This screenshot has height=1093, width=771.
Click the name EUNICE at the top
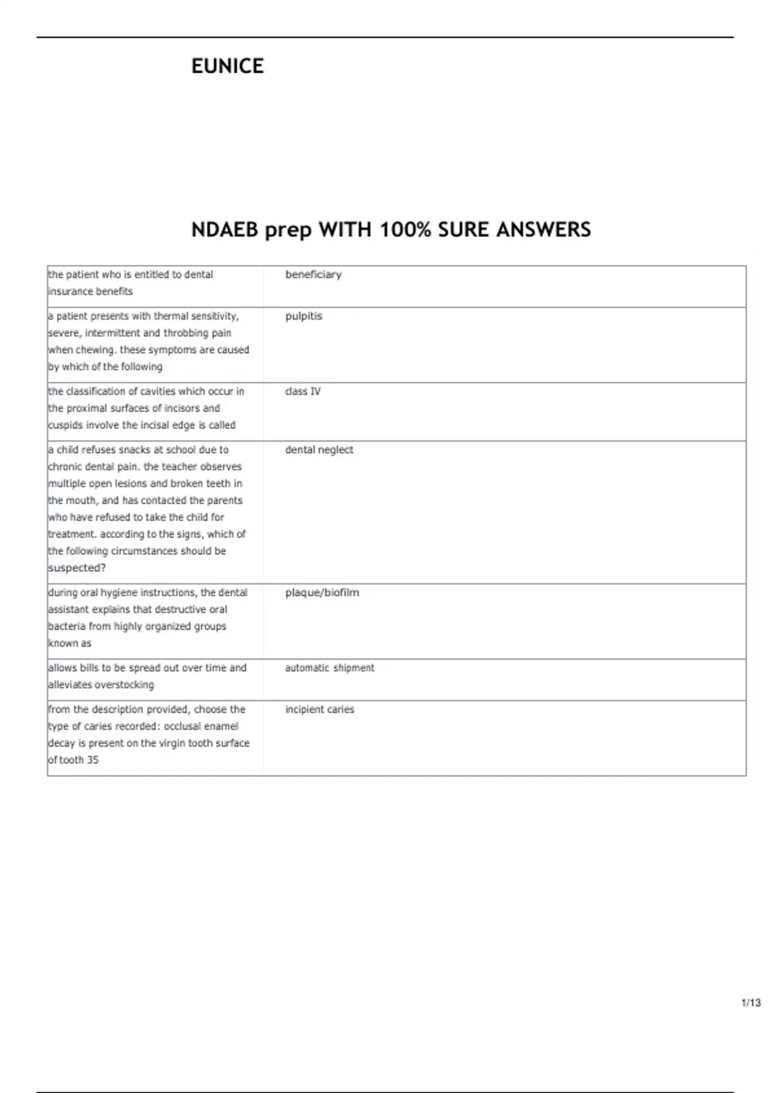tap(227, 66)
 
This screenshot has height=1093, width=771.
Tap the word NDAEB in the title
tap(224, 230)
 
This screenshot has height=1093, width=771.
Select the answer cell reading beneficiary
tap(313, 275)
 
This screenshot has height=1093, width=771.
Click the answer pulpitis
tap(303, 316)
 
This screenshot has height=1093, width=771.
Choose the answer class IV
tap(303, 392)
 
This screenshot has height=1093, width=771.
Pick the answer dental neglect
tap(319, 450)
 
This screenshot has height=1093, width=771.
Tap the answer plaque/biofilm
tap(322, 593)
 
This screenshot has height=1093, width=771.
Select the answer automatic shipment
tap(330, 668)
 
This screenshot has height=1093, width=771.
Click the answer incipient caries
tap(319, 710)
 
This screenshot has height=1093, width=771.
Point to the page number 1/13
tap(750, 1003)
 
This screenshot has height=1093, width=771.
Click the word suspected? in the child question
tap(77, 568)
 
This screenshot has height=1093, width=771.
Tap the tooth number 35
tap(92, 760)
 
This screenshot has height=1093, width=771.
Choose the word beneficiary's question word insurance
tap(68, 291)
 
